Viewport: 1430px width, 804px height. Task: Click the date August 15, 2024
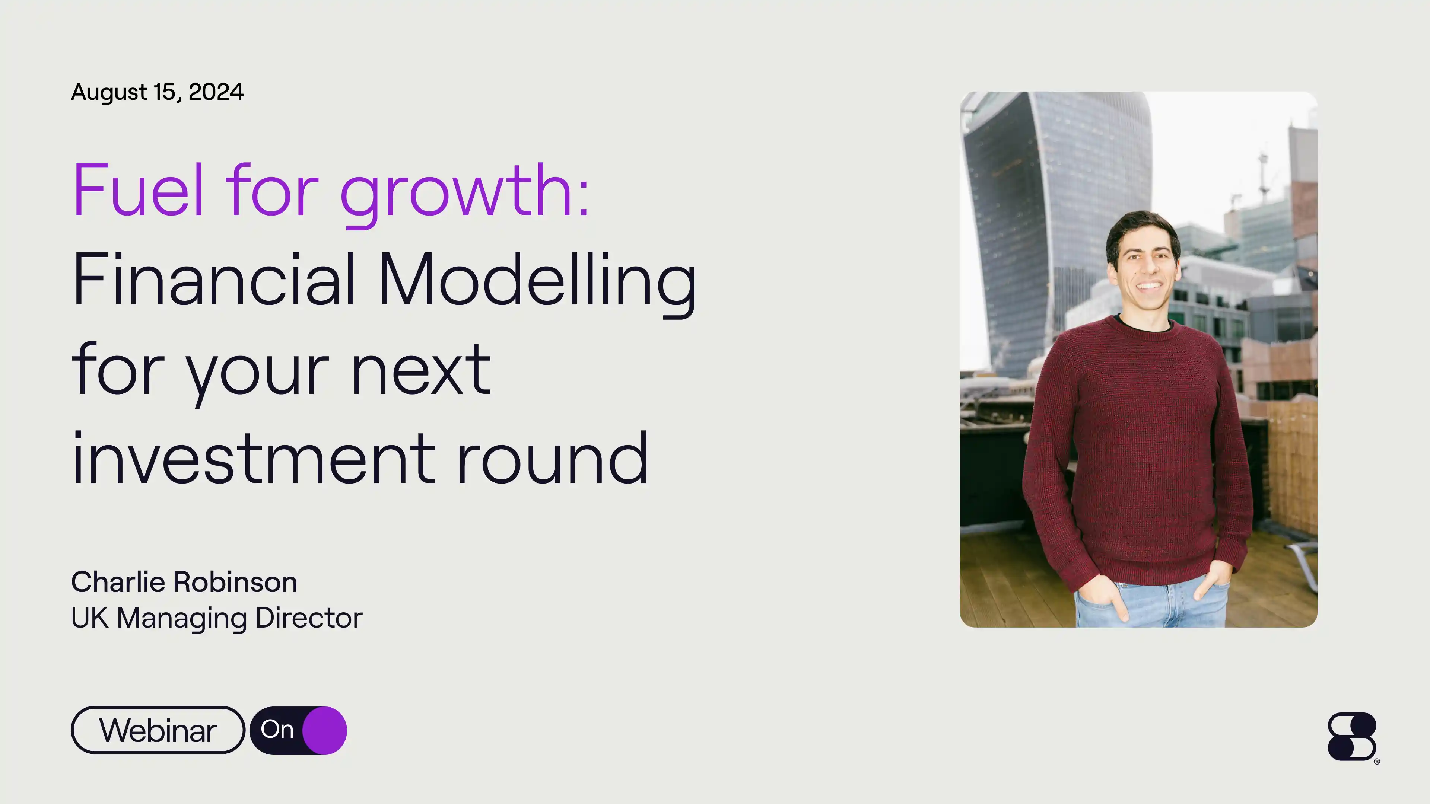[x=157, y=92]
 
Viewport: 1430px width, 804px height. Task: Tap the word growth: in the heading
[x=464, y=191]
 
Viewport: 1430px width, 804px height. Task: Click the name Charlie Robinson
[x=184, y=582]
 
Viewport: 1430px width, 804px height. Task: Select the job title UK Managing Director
[x=216, y=618]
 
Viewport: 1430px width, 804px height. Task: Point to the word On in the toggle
[x=277, y=729]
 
